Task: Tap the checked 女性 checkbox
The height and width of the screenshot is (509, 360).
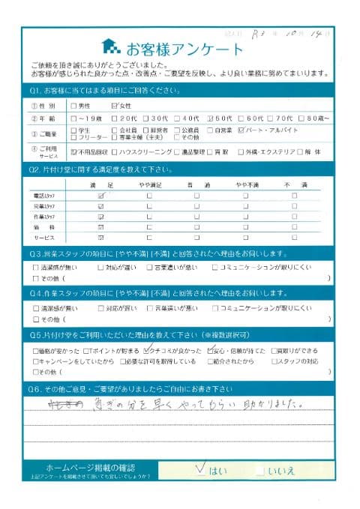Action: (115, 106)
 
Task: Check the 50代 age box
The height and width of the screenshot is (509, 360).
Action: (212, 117)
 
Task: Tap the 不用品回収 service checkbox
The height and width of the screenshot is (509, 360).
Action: (73, 149)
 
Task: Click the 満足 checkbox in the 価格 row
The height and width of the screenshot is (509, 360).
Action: (102, 226)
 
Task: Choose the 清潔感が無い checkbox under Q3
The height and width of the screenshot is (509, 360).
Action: (36, 266)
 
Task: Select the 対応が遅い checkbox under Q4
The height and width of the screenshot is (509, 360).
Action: (101, 307)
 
